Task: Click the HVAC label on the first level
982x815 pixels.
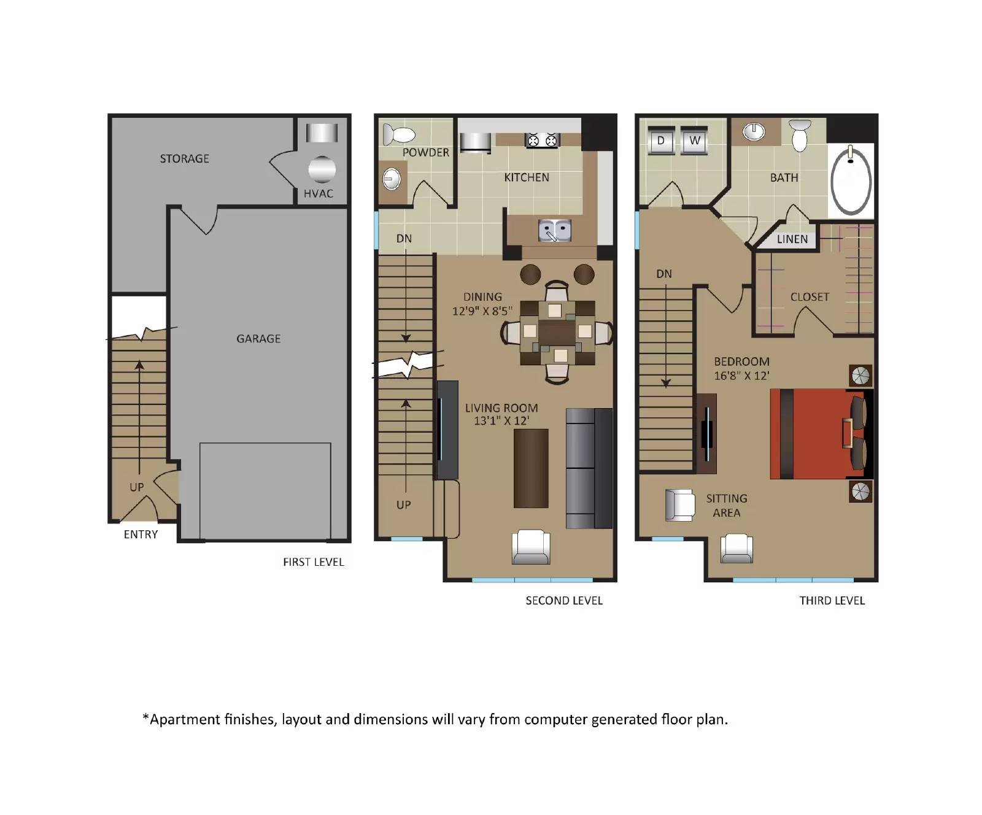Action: click(x=318, y=194)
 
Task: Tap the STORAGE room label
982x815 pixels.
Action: click(x=184, y=159)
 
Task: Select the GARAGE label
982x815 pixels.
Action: click(x=258, y=339)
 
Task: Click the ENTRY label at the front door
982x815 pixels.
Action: click(x=141, y=535)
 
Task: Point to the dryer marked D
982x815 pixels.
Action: click(x=661, y=141)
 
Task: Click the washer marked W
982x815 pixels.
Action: click(x=695, y=141)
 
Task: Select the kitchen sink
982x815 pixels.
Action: click(x=554, y=231)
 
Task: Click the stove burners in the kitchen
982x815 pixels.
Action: click(x=543, y=141)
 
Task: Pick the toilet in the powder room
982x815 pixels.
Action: click(x=398, y=134)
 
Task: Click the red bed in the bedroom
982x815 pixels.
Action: click(x=816, y=434)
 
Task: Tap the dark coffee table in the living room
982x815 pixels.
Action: click(x=531, y=468)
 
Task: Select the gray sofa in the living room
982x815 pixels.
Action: click(x=589, y=468)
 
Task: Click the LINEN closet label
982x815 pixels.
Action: click(x=792, y=239)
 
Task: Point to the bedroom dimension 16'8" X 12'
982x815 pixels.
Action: click(x=741, y=376)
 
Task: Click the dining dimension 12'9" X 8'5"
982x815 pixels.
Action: click(x=482, y=311)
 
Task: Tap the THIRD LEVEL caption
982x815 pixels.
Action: click(x=832, y=601)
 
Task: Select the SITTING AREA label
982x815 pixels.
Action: click(x=727, y=506)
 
